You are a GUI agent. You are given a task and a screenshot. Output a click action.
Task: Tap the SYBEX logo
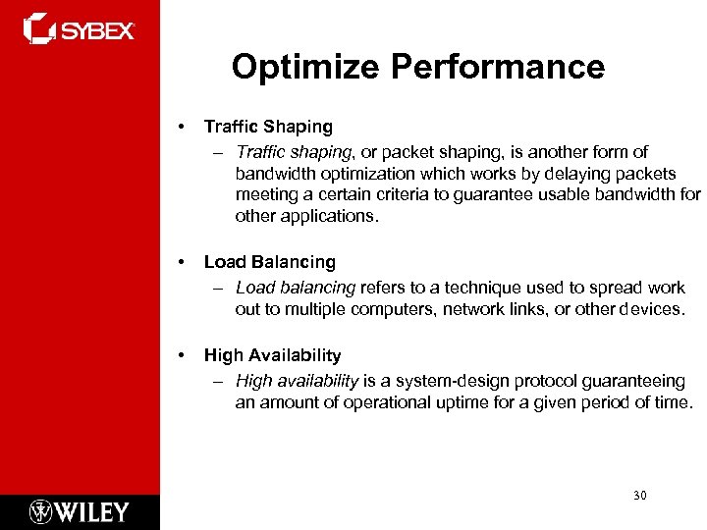click(79, 29)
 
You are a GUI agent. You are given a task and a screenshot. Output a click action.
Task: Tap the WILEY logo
click(80, 511)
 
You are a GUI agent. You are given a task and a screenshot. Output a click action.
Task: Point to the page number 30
click(639, 496)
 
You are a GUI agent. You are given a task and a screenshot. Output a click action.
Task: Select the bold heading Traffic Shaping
click(268, 127)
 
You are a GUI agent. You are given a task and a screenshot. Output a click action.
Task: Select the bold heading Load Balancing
click(269, 262)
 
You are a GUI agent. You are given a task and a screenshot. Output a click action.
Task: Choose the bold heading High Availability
click(272, 355)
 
